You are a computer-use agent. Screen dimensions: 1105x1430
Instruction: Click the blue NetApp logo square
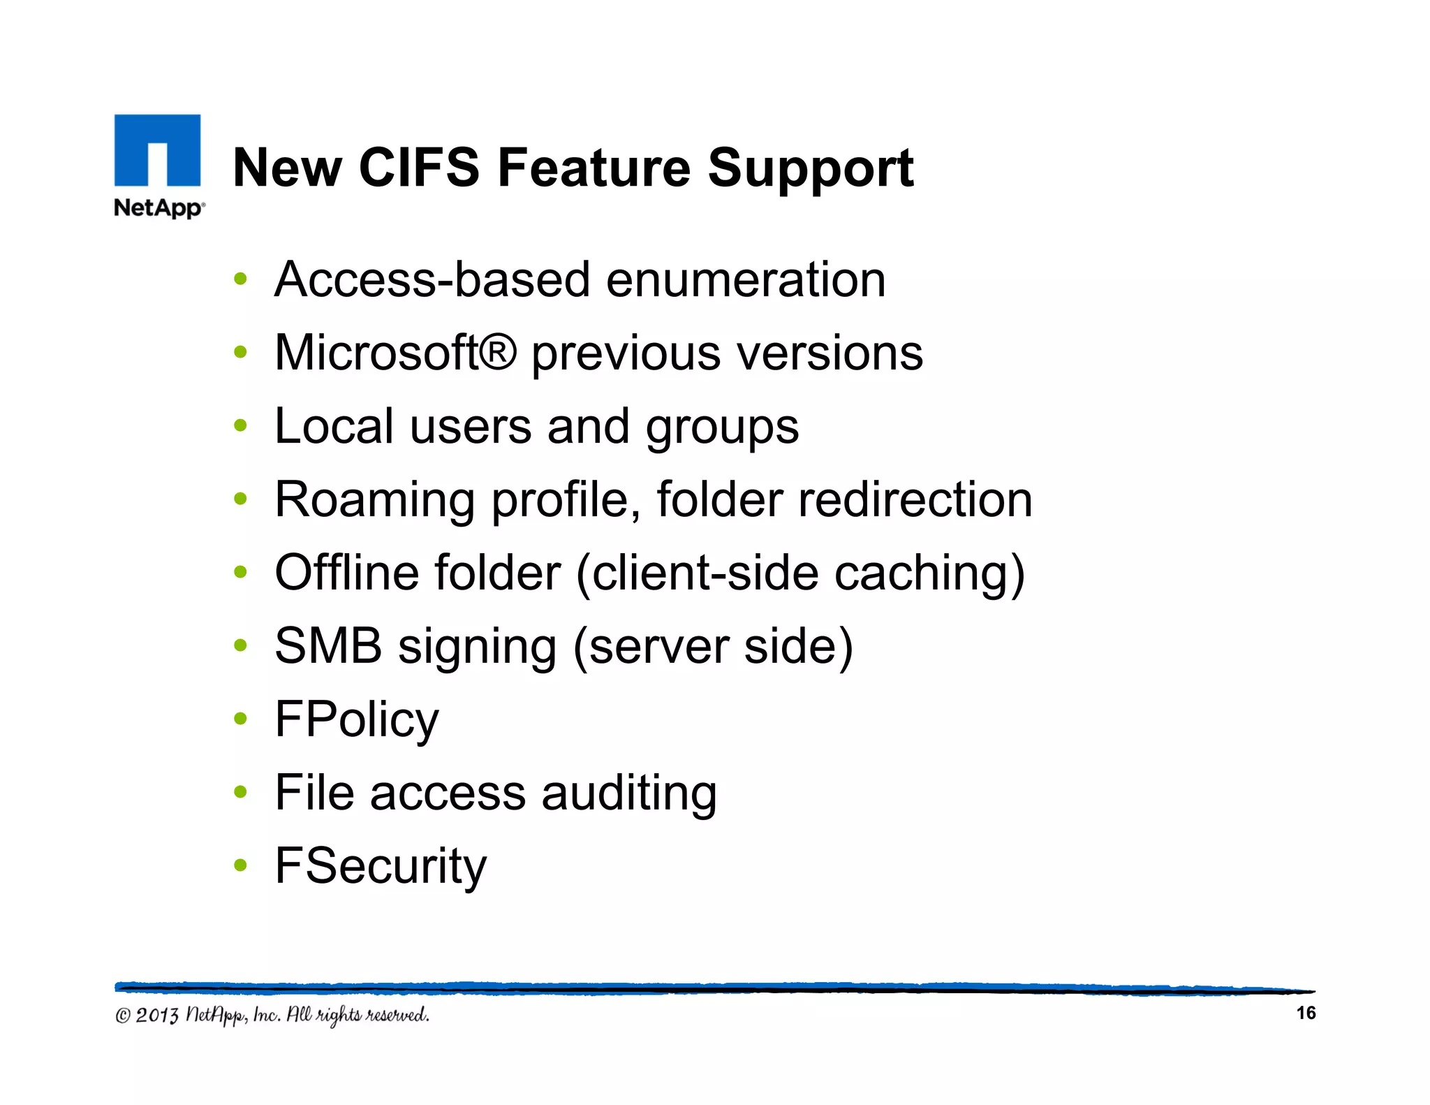tap(157, 149)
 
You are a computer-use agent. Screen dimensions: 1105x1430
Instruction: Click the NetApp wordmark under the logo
tap(159, 208)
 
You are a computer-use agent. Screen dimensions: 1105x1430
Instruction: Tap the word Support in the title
tap(810, 169)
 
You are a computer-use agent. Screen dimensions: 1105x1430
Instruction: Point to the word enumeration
tap(746, 279)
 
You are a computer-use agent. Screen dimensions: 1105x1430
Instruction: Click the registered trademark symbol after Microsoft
tap(498, 352)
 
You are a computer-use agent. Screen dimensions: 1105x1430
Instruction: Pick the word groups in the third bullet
tap(722, 427)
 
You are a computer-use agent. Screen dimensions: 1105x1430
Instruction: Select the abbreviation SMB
tap(328, 645)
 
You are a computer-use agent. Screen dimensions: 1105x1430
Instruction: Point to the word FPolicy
tap(357, 719)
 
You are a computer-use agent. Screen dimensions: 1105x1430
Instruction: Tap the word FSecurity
tap(381, 866)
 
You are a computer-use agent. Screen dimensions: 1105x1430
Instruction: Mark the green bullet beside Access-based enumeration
tap(240, 279)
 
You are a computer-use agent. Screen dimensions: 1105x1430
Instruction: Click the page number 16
tap(1305, 1013)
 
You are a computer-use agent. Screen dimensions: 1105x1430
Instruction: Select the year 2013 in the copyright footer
tap(157, 1015)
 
